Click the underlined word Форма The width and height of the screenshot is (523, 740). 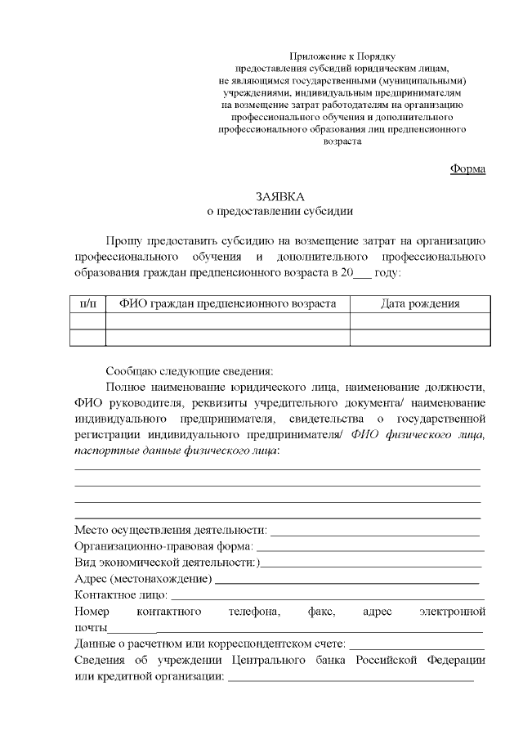(x=468, y=168)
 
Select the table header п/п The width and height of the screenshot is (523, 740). (x=88, y=304)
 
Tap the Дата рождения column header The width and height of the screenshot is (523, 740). (x=420, y=304)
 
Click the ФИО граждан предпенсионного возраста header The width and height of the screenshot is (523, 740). (x=227, y=304)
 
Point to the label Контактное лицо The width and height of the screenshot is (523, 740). (x=121, y=594)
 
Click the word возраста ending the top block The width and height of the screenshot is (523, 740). (x=342, y=141)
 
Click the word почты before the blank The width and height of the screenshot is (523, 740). (x=91, y=627)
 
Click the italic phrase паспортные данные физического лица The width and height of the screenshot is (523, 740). (x=176, y=451)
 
